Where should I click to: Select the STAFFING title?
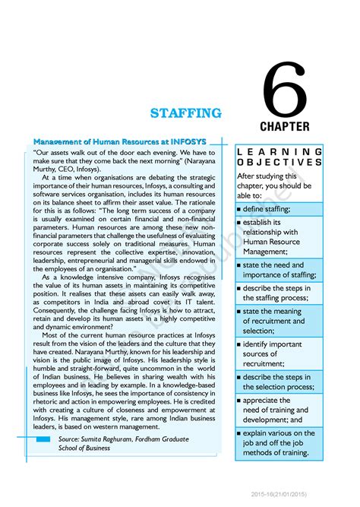click(185, 113)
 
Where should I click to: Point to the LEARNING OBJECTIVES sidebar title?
click(279, 157)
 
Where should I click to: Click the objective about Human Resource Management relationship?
click(276, 236)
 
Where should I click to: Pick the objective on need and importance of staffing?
click(278, 269)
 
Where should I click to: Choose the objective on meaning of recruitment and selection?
click(276, 321)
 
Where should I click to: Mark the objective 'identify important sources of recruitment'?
click(273, 353)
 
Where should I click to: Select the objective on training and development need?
click(276, 410)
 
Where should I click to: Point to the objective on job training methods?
click(276, 443)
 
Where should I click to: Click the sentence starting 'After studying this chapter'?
click(273, 185)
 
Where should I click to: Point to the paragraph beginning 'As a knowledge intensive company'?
click(121, 303)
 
